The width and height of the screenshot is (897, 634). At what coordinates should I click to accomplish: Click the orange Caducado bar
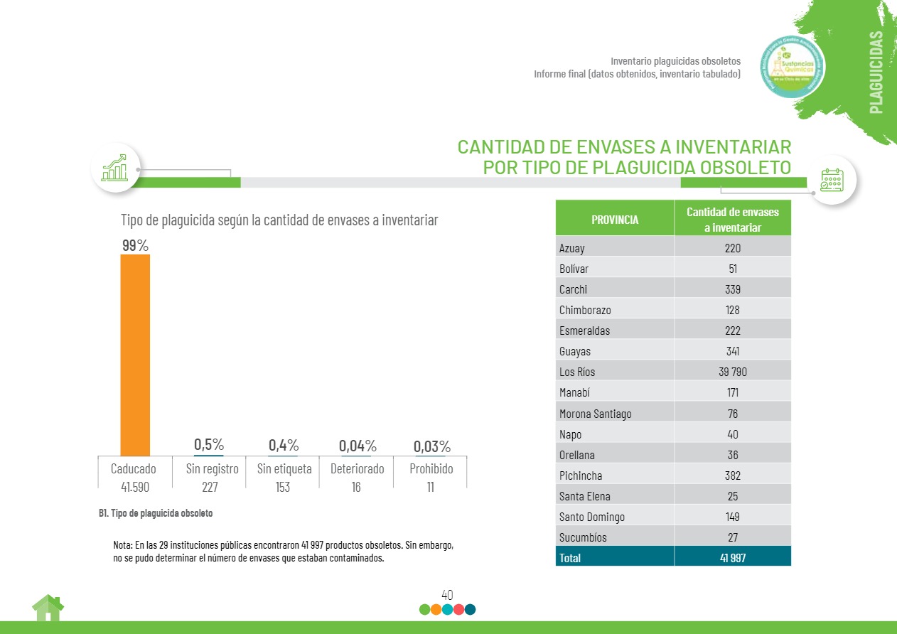pos(135,355)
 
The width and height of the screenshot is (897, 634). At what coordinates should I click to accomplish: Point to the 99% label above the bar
pos(135,245)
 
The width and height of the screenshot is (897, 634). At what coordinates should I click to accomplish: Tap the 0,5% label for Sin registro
pos(209,445)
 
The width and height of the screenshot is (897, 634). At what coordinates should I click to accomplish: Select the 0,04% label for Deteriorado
pos(358,446)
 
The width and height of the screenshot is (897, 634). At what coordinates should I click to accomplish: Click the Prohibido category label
pos(431,469)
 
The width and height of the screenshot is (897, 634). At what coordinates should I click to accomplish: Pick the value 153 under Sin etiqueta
pos(283,488)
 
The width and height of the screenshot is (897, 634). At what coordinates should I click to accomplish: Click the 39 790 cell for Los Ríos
pos(732,372)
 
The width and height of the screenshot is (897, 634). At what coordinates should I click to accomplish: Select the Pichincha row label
pos(581,476)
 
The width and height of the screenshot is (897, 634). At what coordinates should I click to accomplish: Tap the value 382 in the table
pos(732,476)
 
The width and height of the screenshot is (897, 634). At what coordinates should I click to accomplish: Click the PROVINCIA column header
pos(615,220)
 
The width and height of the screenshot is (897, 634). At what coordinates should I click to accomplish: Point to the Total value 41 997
pos(732,558)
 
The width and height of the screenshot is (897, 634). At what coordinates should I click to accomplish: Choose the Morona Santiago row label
pos(595,414)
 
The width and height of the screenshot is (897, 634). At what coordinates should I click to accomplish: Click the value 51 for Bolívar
pos(732,269)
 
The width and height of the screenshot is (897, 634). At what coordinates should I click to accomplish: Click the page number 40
pos(447,595)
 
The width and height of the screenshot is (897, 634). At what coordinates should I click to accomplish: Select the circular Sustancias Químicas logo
pos(793,67)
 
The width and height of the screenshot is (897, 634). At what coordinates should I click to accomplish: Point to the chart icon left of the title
pos(115,168)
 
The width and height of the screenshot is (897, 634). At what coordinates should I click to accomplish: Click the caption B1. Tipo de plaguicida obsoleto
pos(156,512)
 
